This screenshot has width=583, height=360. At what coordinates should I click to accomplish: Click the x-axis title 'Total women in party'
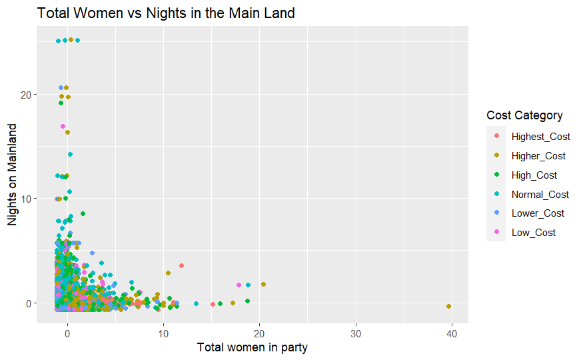252,347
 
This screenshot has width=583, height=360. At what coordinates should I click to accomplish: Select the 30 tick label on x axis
356,333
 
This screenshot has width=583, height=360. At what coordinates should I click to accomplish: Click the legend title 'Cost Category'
524,115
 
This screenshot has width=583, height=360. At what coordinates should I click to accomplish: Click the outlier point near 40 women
449,306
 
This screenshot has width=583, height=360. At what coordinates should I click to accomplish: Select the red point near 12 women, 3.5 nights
181,265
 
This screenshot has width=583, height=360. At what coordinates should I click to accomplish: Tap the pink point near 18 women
239,285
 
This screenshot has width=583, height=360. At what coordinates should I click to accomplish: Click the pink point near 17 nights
63,126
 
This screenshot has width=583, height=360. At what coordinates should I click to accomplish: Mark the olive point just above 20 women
263,284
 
